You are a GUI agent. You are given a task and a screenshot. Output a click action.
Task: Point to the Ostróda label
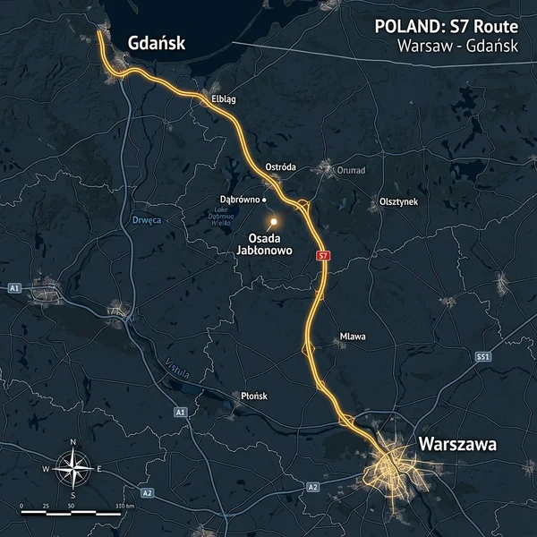(x=281, y=167)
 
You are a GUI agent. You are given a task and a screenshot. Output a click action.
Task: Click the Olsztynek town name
(x=399, y=202)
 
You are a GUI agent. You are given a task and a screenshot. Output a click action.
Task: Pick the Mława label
(x=353, y=337)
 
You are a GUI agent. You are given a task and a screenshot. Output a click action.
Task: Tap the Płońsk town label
(x=255, y=395)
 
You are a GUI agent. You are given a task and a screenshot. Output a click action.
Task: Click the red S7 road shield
(x=324, y=256)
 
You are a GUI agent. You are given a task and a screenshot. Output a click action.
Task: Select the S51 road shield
(x=484, y=356)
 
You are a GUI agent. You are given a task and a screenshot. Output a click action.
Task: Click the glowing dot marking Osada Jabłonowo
(x=275, y=219)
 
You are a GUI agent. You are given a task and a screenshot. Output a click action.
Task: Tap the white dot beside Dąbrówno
(x=265, y=199)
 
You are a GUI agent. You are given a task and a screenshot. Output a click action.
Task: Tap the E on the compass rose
(x=99, y=469)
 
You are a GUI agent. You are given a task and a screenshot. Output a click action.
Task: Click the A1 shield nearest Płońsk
(x=180, y=412)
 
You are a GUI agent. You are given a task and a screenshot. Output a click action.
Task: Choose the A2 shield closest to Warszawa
(x=312, y=487)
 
